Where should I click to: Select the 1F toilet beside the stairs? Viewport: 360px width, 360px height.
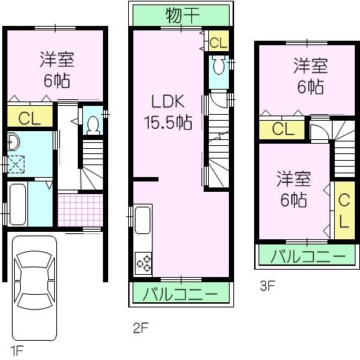92,123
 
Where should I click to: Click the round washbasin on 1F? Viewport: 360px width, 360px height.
12,142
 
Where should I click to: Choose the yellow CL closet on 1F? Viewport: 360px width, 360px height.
29,116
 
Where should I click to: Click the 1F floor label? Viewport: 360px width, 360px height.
17,347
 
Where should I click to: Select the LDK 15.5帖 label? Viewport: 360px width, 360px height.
170,111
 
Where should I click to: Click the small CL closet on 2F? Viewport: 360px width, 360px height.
218,41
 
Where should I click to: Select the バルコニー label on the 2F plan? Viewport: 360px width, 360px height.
181,294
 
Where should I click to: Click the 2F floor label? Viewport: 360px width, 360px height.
140,327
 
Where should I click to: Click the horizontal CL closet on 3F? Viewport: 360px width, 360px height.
282,129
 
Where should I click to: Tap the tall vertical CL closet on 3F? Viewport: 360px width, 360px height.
344,210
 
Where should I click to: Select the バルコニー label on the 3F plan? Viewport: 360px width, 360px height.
306,257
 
